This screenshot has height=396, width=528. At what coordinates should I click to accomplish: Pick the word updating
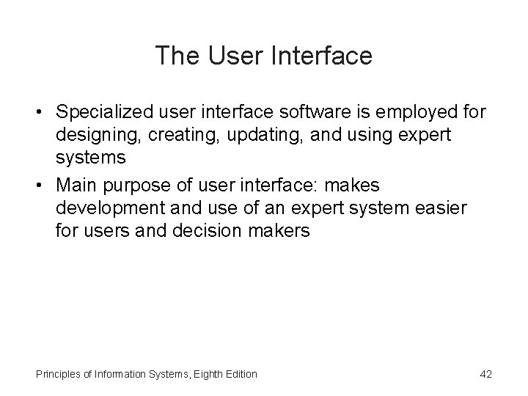click(246, 136)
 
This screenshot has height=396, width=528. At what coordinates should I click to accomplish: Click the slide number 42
click(485, 375)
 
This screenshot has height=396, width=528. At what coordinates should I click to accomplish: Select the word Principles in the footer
click(54, 375)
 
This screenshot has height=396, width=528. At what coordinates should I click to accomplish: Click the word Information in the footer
click(120, 375)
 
